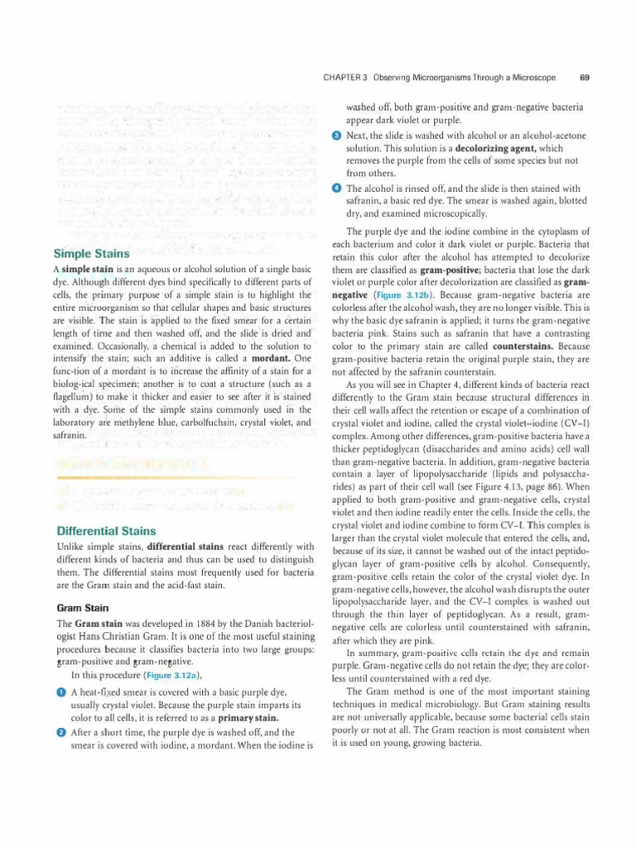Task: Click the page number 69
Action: (585, 78)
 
